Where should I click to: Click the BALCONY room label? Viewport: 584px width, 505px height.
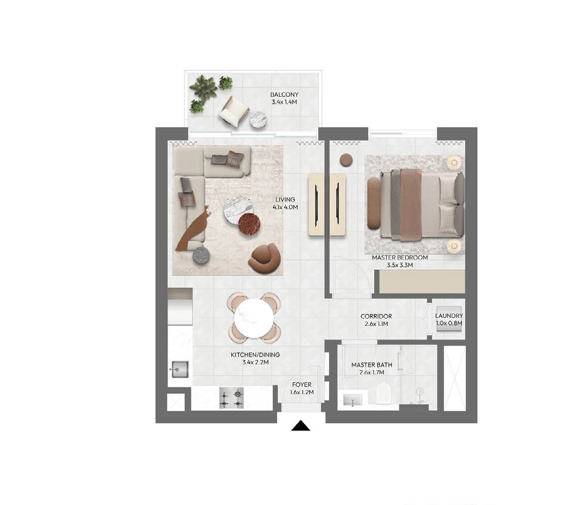(x=284, y=95)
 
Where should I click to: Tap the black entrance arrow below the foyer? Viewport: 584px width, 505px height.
(x=301, y=425)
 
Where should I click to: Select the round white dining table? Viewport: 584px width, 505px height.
(x=254, y=318)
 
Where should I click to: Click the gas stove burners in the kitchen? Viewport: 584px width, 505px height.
(x=231, y=398)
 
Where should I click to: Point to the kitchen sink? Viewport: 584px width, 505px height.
(x=179, y=369)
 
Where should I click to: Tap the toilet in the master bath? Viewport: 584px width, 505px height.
(x=383, y=394)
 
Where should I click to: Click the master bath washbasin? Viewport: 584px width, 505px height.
(x=352, y=400)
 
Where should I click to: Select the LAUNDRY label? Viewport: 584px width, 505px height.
(x=449, y=316)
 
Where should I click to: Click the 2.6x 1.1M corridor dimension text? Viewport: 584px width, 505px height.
(x=376, y=324)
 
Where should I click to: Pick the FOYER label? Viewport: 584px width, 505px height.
(x=302, y=384)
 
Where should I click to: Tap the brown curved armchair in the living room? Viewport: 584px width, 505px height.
(x=264, y=258)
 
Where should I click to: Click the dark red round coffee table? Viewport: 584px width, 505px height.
(x=249, y=224)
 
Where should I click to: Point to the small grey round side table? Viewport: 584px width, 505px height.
(x=201, y=255)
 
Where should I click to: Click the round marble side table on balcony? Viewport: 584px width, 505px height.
(x=258, y=119)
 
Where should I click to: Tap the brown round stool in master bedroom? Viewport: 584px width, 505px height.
(x=346, y=160)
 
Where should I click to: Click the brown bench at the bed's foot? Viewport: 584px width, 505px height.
(x=374, y=202)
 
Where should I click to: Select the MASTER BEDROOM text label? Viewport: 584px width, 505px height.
(x=399, y=258)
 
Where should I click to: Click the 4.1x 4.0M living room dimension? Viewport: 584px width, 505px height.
(x=285, y=207)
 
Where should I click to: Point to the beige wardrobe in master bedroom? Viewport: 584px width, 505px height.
(x=422, y=281)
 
